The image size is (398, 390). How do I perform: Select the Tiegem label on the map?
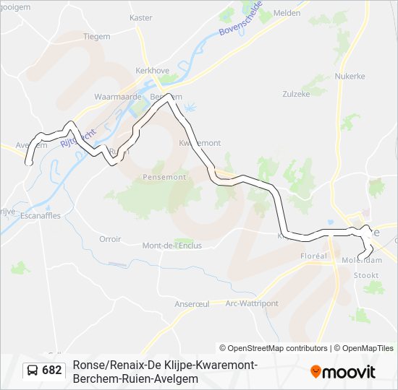click(x=96, y=36)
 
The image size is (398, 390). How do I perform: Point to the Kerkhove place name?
click(x=151, y=71)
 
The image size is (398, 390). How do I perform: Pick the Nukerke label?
click(x=349, y=76)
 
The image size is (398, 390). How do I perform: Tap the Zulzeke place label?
click(x=295, y=94)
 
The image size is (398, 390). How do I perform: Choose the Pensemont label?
click(x=165, y=177)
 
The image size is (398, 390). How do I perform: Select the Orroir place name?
click(x=110, y=239)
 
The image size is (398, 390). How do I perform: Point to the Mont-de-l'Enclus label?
click(x=172, y=246)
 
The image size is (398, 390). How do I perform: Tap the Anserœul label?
click(x=192, y=304)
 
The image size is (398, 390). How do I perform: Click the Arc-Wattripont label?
click(x=252, y=303)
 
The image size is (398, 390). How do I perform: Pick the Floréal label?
click(x=314, y=256)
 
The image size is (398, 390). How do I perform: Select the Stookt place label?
click(x=366, y=275)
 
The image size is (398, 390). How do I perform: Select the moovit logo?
click(x=343, y=371)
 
